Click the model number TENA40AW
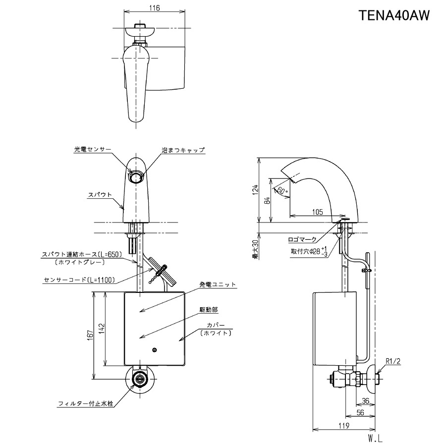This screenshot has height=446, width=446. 394,15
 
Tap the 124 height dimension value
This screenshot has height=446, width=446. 255,189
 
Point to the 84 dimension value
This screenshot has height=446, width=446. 267,201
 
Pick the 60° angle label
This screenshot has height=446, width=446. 282,190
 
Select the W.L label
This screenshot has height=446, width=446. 375,438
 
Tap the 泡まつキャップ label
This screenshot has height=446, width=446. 182,149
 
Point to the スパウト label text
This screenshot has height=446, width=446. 100,195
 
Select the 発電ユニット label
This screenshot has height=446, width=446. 218,284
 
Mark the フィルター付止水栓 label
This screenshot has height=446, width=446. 85,404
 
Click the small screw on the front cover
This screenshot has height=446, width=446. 155,350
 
